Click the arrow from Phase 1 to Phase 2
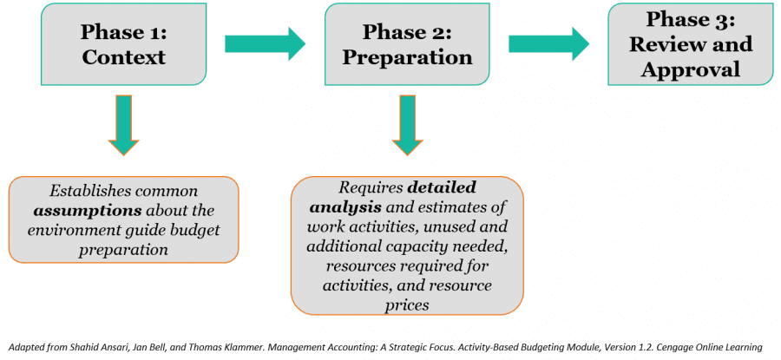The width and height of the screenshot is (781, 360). [265, 43]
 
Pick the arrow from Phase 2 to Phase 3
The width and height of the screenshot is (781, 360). [548, 43]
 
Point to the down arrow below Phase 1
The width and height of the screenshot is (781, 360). [124, 127]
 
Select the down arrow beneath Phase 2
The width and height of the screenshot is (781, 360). [407, 126]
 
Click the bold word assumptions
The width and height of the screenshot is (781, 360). [75, 209]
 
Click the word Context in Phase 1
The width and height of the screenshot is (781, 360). [123, 58]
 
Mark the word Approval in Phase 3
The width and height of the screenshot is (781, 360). [691, 69]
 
